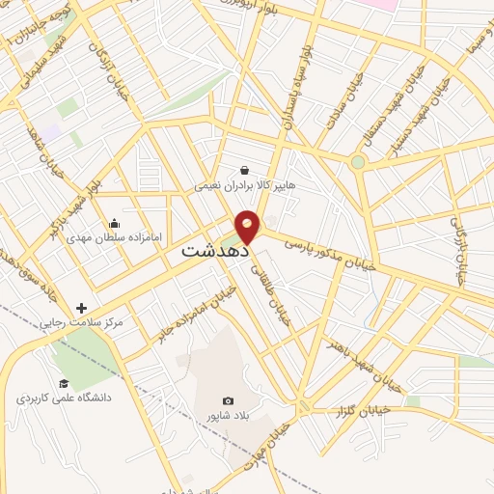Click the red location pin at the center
point(248,227)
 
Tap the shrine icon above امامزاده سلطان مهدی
point(115,222)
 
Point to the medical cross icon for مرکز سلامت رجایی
point(81,308)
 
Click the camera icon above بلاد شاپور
point(228,400)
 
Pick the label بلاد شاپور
point(228,415)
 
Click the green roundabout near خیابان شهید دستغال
point(358,162)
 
